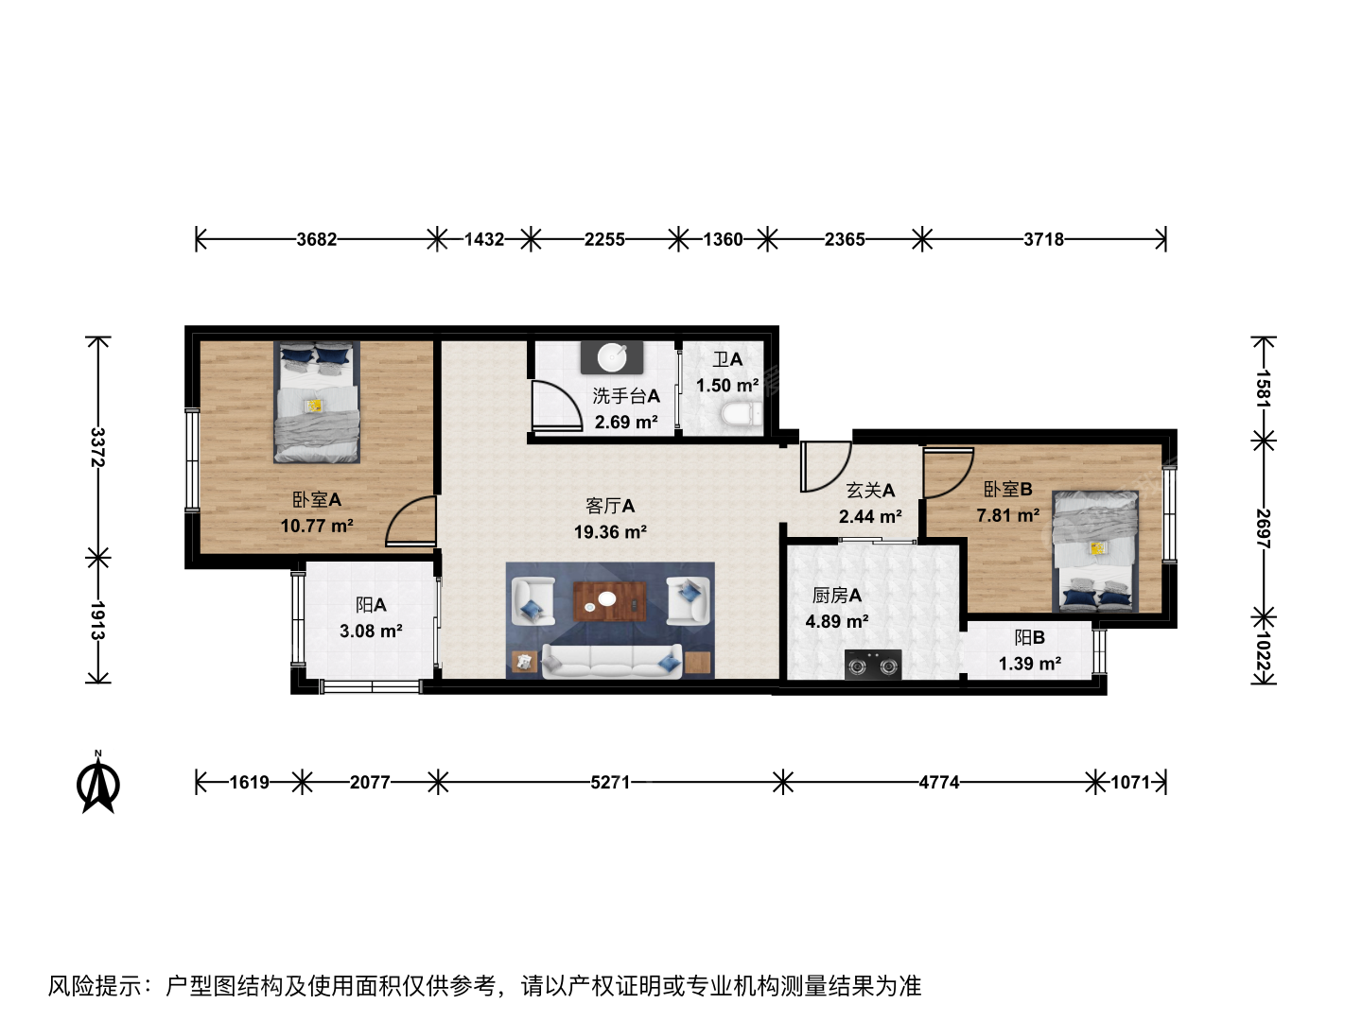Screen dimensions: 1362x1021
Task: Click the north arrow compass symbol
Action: pos(98,783)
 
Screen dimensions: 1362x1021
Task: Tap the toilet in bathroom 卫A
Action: pos(742,414)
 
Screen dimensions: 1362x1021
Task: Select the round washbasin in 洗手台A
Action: pos(611,357)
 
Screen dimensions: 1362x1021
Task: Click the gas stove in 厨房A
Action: pos(873,666)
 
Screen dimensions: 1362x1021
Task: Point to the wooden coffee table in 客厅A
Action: pos(609,600)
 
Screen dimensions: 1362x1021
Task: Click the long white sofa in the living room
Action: pos(612,661)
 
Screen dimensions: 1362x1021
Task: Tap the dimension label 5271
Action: pos(610,783)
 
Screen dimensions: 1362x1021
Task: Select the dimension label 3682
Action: pos(317,239)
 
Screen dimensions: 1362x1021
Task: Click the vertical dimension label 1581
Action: pos(1264,389)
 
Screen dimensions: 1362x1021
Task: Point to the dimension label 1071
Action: pos(1130,783)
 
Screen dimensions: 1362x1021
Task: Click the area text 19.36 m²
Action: pos(611,532)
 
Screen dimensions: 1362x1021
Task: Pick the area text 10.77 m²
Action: pos(317,526)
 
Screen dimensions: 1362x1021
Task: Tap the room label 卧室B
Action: pos(1007,489)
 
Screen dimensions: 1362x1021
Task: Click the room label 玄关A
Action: pos(870,491)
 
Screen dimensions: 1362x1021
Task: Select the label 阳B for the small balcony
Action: pos(1030,637)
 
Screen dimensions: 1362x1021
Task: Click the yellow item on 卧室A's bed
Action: pos(315,406)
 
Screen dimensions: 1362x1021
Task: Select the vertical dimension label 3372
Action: pos(97,447)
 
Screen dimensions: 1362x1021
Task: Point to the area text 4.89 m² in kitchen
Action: pos(836,621)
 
